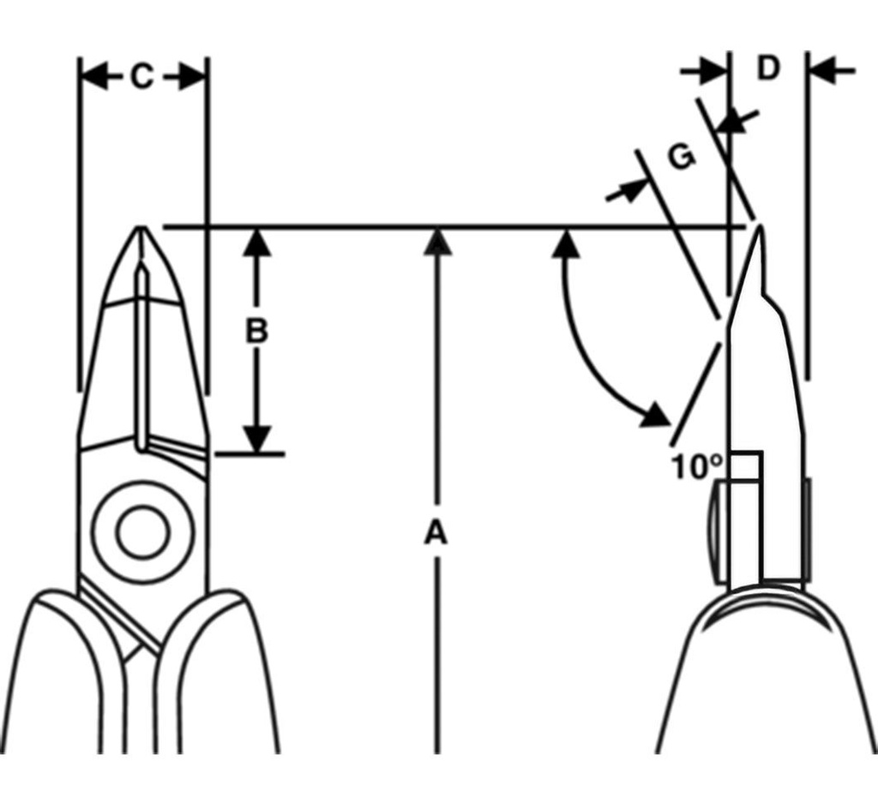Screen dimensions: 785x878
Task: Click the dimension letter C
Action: click(141, 77)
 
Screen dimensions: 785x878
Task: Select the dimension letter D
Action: click(767, 69)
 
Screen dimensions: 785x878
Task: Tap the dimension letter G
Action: click(681, 157)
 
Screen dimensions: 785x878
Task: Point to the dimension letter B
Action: click(256, 332)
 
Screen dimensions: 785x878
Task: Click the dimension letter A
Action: click(436, 533)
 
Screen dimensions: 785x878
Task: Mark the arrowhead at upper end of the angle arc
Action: click(563, 243)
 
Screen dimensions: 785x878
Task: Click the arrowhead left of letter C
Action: click(95, 78)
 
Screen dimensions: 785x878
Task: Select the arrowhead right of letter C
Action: click(190, 78)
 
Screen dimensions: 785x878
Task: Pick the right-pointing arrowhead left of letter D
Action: click(713, 71)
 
